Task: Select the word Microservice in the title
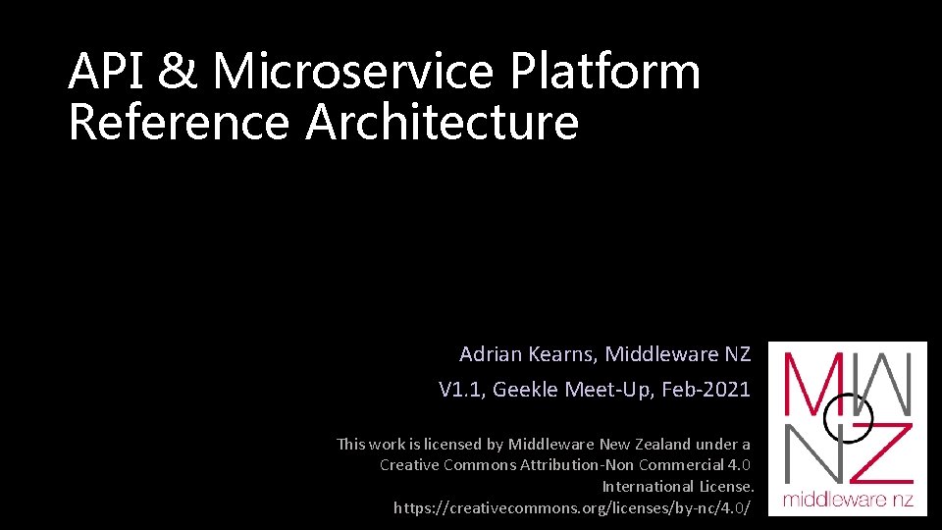pos(350,73)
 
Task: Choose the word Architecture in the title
pos(443,124)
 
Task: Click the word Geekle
pos(527,390)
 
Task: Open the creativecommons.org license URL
pos(572,508)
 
